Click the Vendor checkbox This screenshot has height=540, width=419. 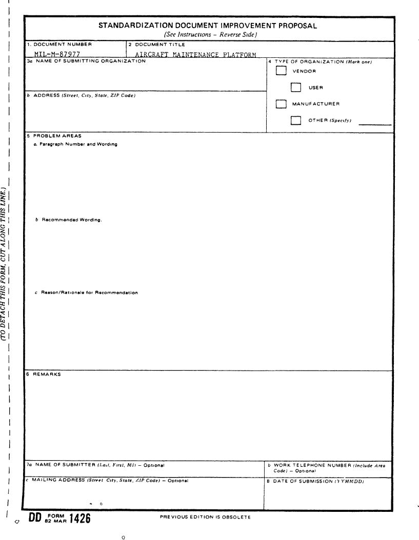(280, 71)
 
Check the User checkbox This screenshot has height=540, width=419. (295, 88)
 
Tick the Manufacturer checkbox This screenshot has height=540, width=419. (280, 104)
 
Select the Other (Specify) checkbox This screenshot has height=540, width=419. (295, 121)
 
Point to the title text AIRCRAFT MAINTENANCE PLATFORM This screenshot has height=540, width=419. (195, 54)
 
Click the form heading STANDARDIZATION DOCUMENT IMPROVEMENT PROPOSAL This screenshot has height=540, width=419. (207, 25)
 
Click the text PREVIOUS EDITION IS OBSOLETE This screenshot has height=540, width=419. (205, 517)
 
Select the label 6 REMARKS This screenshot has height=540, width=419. (44, 375)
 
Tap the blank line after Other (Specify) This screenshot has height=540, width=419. (374, 123)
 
